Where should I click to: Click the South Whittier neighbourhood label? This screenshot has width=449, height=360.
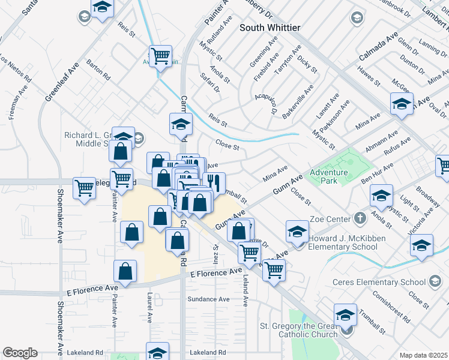pos(270,28)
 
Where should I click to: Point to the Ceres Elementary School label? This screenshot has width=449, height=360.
pos(379,282)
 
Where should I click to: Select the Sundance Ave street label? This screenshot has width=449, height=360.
pos(208,299)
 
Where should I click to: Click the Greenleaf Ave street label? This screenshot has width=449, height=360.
pos(62,82)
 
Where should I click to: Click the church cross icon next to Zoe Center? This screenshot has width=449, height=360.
pos(360,218)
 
